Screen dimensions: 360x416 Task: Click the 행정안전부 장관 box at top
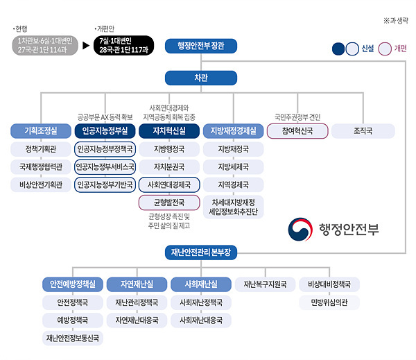click(x=200, y=46)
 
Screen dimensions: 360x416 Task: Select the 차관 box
click(x=200, y=78)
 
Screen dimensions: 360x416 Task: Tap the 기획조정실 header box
click(x=41, y=130)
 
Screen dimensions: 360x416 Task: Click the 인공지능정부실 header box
click(x=105, y=130)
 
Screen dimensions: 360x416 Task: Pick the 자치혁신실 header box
click(x=168, y=130)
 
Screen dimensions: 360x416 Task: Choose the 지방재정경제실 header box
click(x=232, y=130)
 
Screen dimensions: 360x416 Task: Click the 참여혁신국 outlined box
click(x=297, y=130)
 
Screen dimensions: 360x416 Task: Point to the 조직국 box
click(x=363, y=130)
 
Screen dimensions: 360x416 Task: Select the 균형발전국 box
click(x=168, y=203)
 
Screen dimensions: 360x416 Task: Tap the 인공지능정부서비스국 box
click(x=105, y=166)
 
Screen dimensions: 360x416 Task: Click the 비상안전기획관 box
click(x=41, y=185)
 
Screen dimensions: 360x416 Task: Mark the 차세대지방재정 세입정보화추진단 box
click(x=232, y=207)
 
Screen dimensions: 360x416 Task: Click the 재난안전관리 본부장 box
click(x=200, y=252)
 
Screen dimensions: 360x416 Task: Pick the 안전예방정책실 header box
click(x=73, y=284)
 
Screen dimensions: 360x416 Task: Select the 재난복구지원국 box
click(x=264, y=284)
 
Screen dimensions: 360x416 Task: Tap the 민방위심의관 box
click(x=329, y=302)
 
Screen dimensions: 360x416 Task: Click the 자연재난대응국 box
click(x=137, y=320)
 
